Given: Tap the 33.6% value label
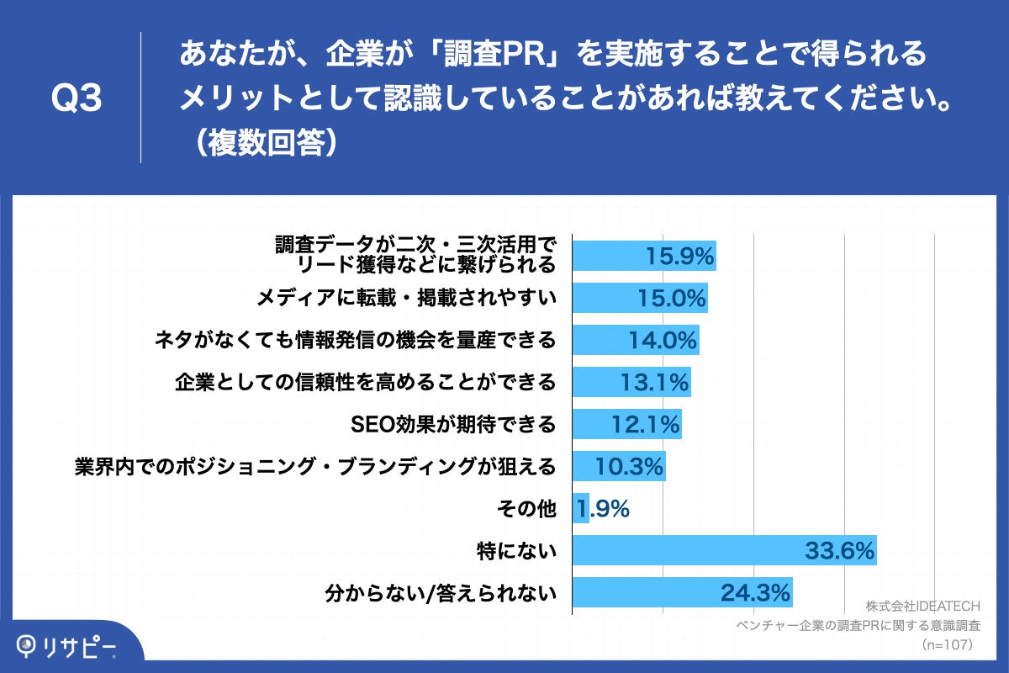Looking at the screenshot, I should (840, 552).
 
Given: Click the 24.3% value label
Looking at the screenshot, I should (755, 593).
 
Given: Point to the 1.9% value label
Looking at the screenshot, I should (604, 509).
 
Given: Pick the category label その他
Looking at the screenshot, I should (527, 509).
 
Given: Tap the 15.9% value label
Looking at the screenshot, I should (679, 256).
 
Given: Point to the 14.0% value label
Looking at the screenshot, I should (663, 341).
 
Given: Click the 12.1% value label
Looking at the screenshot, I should (645, 425).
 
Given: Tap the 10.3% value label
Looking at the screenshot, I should (630, 467).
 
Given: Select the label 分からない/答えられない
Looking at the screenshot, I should (441, 594).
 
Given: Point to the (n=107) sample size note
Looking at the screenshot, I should (947, 645).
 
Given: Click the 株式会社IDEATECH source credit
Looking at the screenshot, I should (922, 607).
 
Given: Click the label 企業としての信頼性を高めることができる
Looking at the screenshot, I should (366, 383).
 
